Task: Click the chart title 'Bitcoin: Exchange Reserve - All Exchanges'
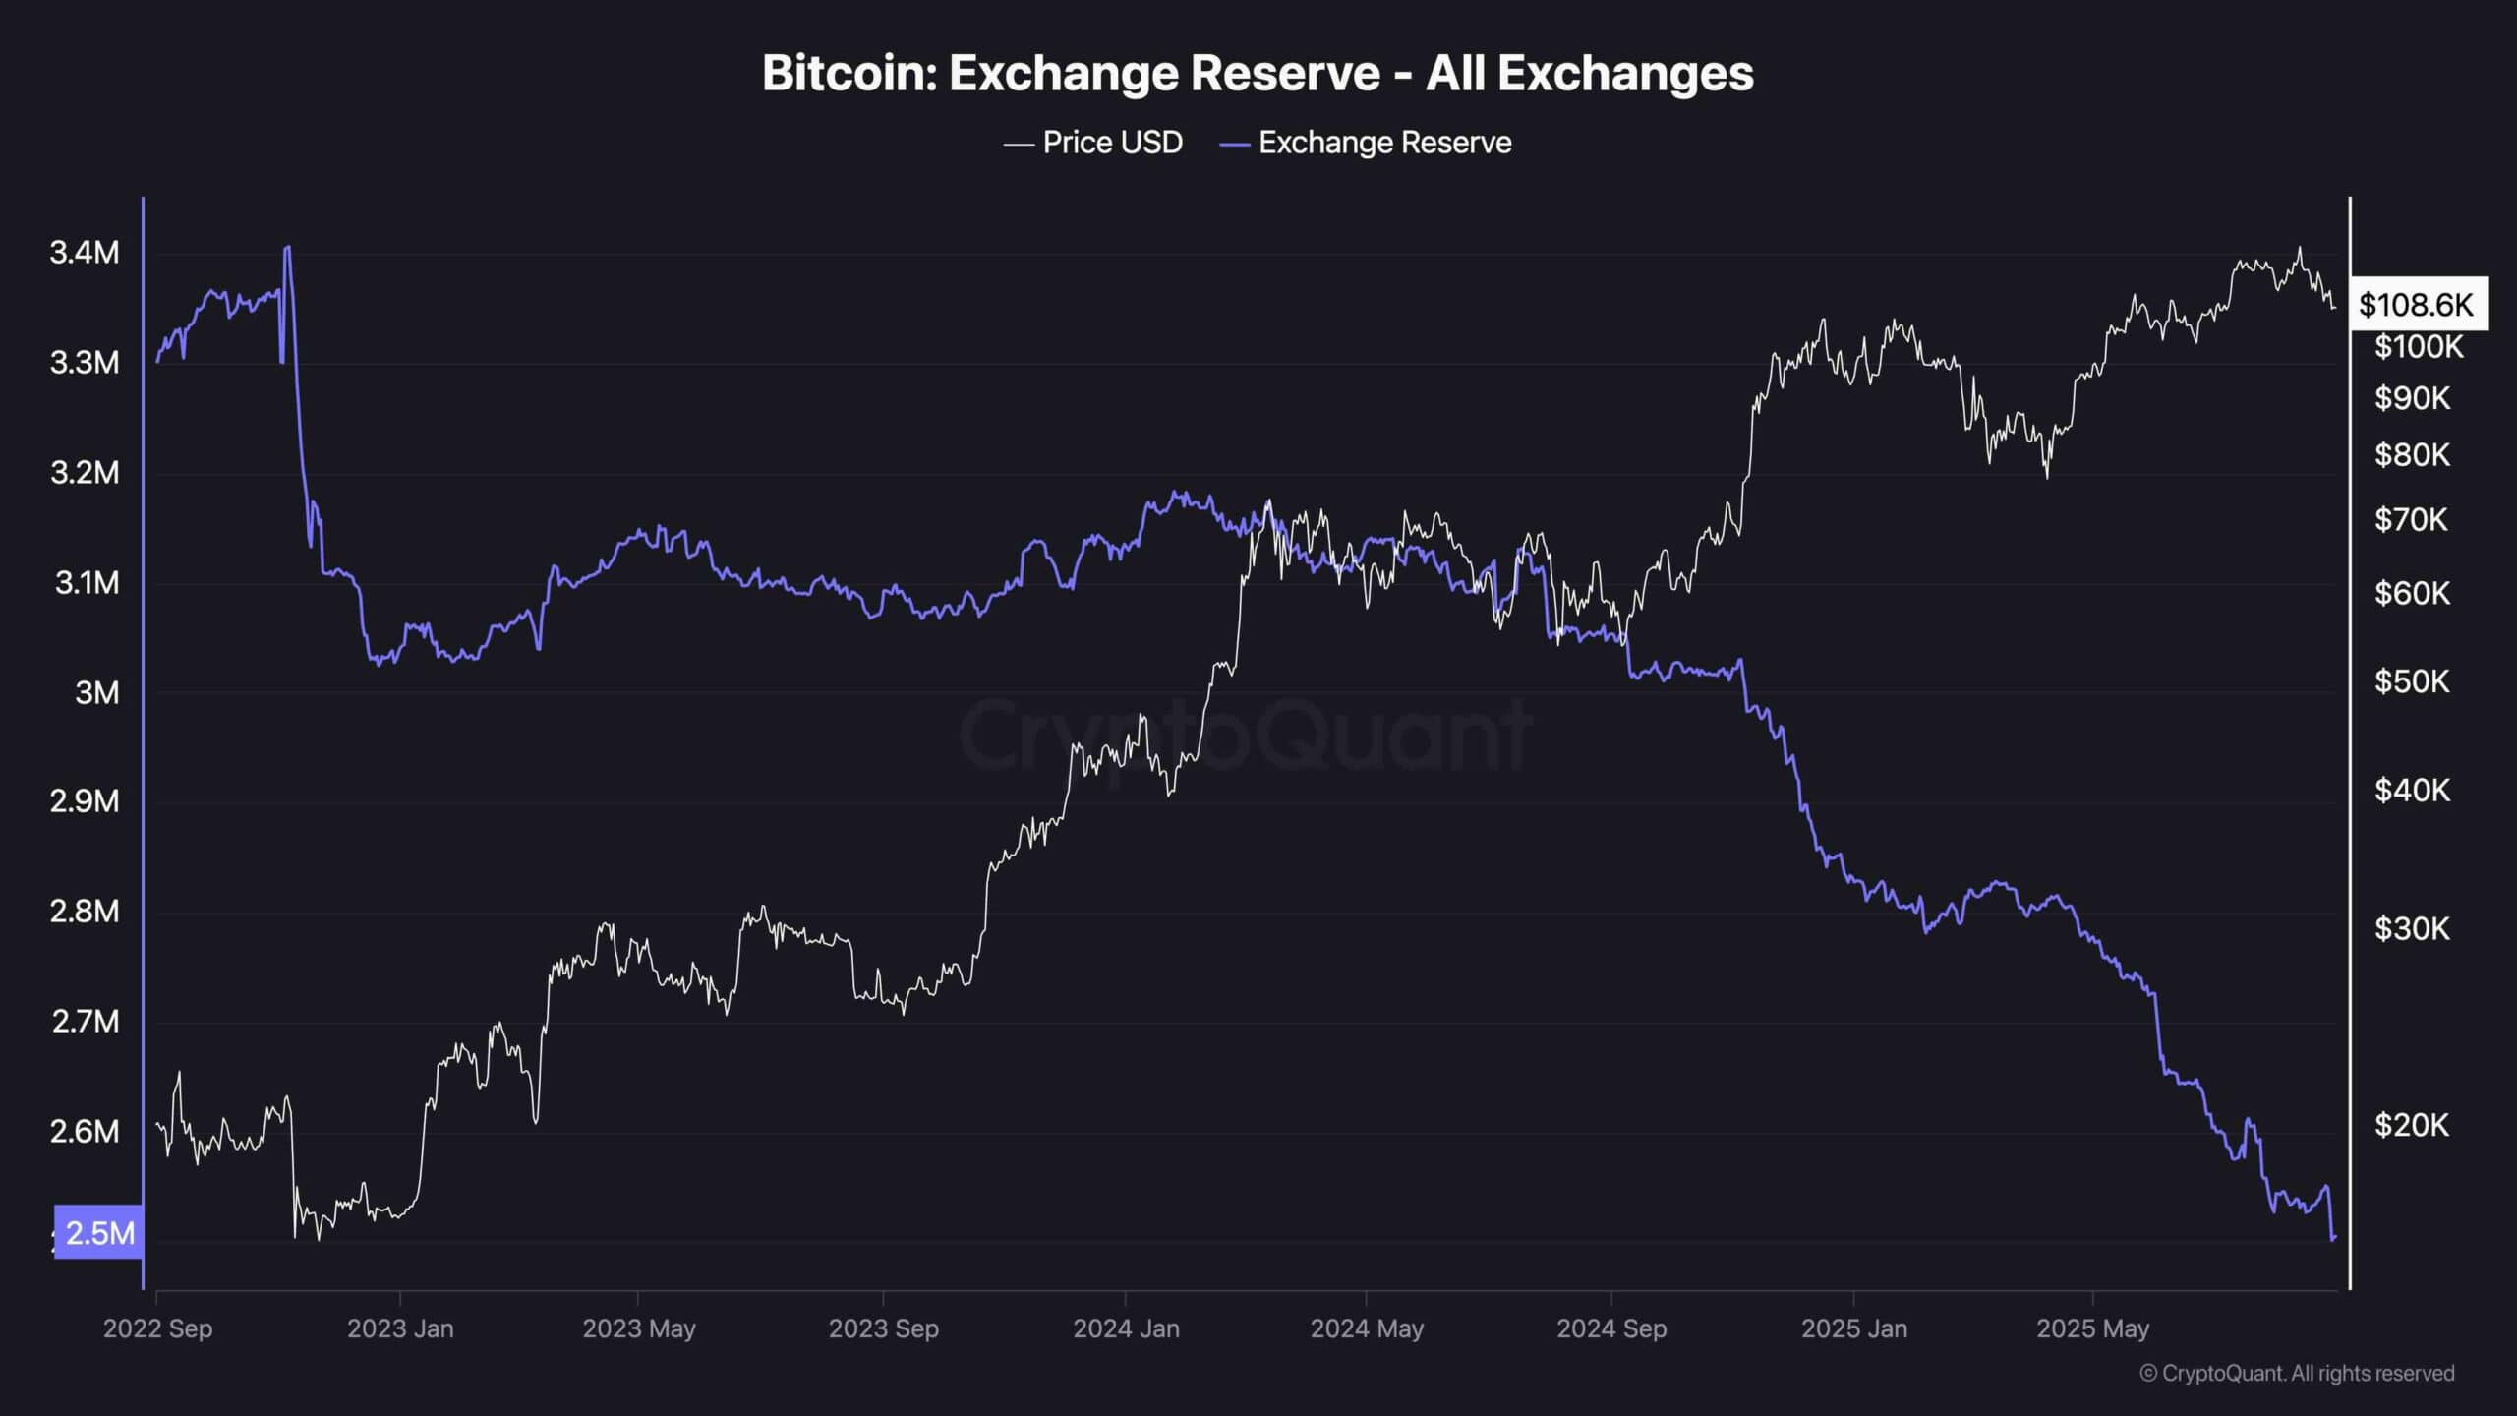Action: [1258, 74]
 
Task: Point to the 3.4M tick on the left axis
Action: [85, 253]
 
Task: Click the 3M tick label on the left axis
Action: [96, 692]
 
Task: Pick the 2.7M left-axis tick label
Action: [85, 1022]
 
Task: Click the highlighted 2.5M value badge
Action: [99, 1232]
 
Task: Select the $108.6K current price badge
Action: [2416, 305]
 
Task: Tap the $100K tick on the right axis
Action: [2419, 347]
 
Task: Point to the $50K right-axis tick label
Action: [2412, 680]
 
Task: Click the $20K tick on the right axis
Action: [2412, 1124]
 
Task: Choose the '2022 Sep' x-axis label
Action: [157, 1328]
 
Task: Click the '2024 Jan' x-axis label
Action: [1126, 1328]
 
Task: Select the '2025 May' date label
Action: [2092, 1328]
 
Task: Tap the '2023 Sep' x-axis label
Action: [883, 1328]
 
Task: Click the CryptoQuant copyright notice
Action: [2297, 1373]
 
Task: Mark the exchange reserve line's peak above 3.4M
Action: [287, 247]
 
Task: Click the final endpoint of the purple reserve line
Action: [2334, 1238]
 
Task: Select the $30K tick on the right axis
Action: [2412, 928]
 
